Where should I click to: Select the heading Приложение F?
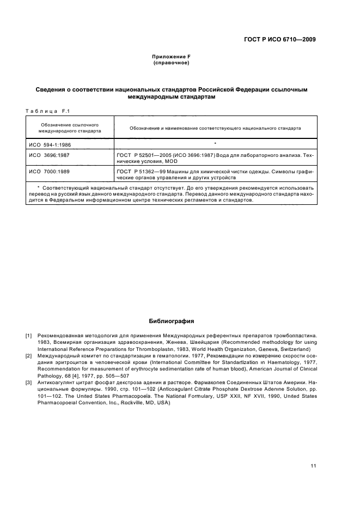tap(171, 57)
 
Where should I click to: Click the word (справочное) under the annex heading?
tap(171, 63)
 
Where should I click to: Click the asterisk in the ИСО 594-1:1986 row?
tap(216, 143)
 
